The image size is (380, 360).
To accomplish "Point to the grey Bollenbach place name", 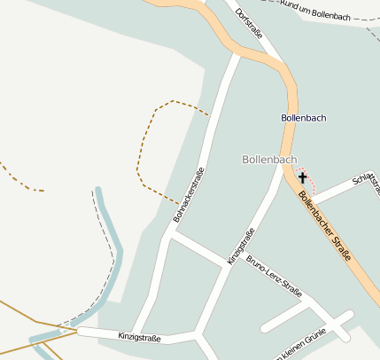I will click(269, 160).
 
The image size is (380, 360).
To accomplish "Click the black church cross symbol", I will click(303, 178).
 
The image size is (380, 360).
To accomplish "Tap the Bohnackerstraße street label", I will click(189, 194).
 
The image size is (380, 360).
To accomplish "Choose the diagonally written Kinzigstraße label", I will click(241, 247).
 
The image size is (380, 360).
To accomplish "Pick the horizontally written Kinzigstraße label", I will click(139, 337).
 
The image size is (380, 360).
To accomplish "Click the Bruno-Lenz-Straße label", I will click(275, 276).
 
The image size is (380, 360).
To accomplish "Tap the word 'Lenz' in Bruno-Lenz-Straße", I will click(275, 277).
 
